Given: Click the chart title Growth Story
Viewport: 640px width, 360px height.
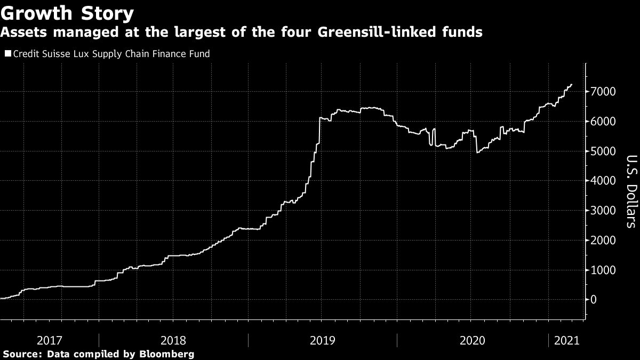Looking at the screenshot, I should pos(67,12).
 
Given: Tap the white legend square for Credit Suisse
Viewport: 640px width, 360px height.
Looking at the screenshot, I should pos(7,54).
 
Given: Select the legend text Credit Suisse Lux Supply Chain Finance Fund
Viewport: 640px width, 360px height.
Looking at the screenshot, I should pos(111,54).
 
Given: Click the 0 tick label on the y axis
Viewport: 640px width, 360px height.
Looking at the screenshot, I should pos(593,300).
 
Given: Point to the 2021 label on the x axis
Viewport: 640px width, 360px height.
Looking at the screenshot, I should pos(566,339).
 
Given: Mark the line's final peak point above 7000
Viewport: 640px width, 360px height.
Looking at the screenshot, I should pos(572,84).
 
